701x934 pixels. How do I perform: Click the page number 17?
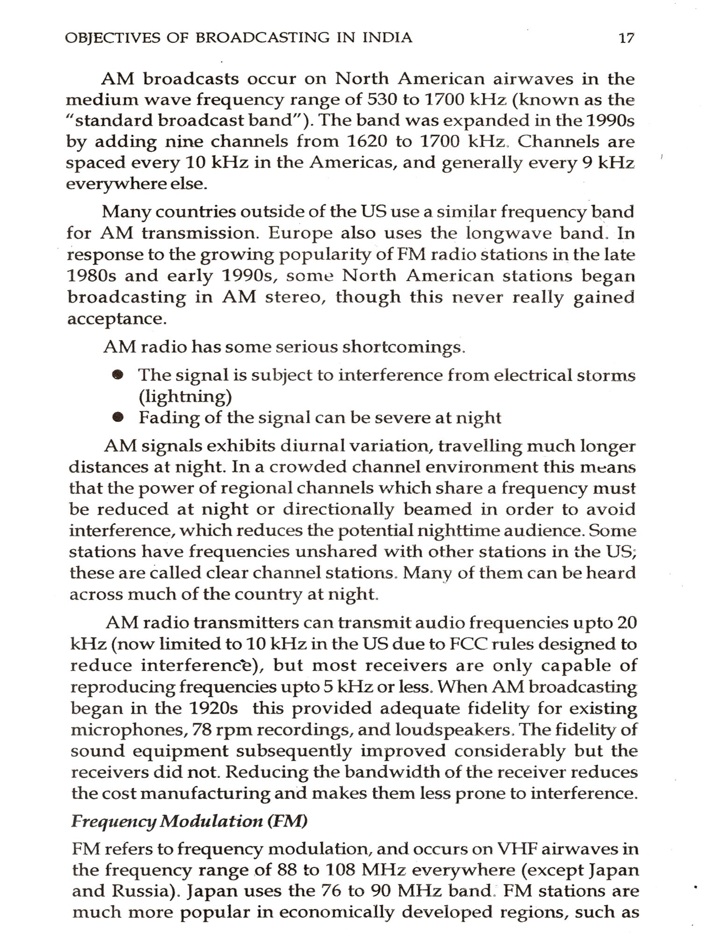(626, 37)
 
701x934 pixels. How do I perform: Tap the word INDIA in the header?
(387, 37)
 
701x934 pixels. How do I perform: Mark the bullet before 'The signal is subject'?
(120, 375)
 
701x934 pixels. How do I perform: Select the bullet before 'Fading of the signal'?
(120, 417)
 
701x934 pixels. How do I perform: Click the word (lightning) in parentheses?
(185, 396)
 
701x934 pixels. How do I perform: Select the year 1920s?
(214, 708)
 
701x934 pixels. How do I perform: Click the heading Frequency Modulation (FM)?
(189, 821)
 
